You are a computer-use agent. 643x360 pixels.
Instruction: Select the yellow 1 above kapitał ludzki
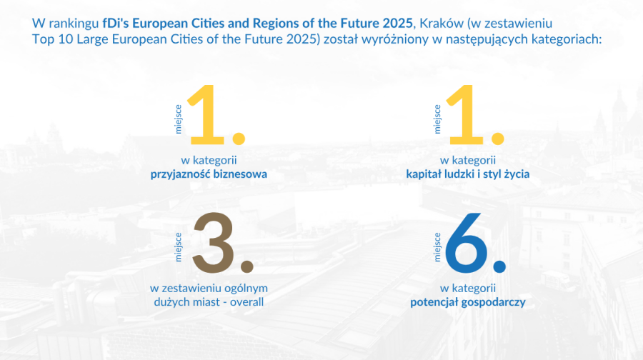tap(472, 114)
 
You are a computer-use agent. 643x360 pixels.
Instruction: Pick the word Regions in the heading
tap(287, 23)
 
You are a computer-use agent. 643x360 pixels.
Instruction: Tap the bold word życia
tap(514, 174)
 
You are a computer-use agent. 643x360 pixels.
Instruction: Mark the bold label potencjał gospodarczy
tap(468, 302)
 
